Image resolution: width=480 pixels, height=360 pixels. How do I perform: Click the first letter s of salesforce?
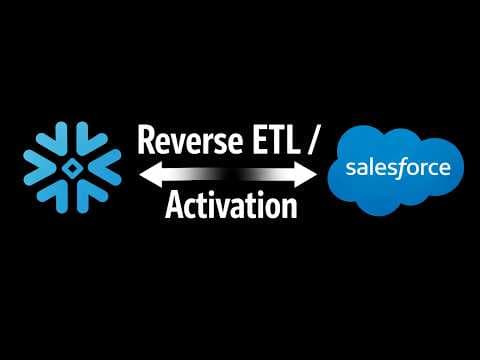click(x=350, y=168)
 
